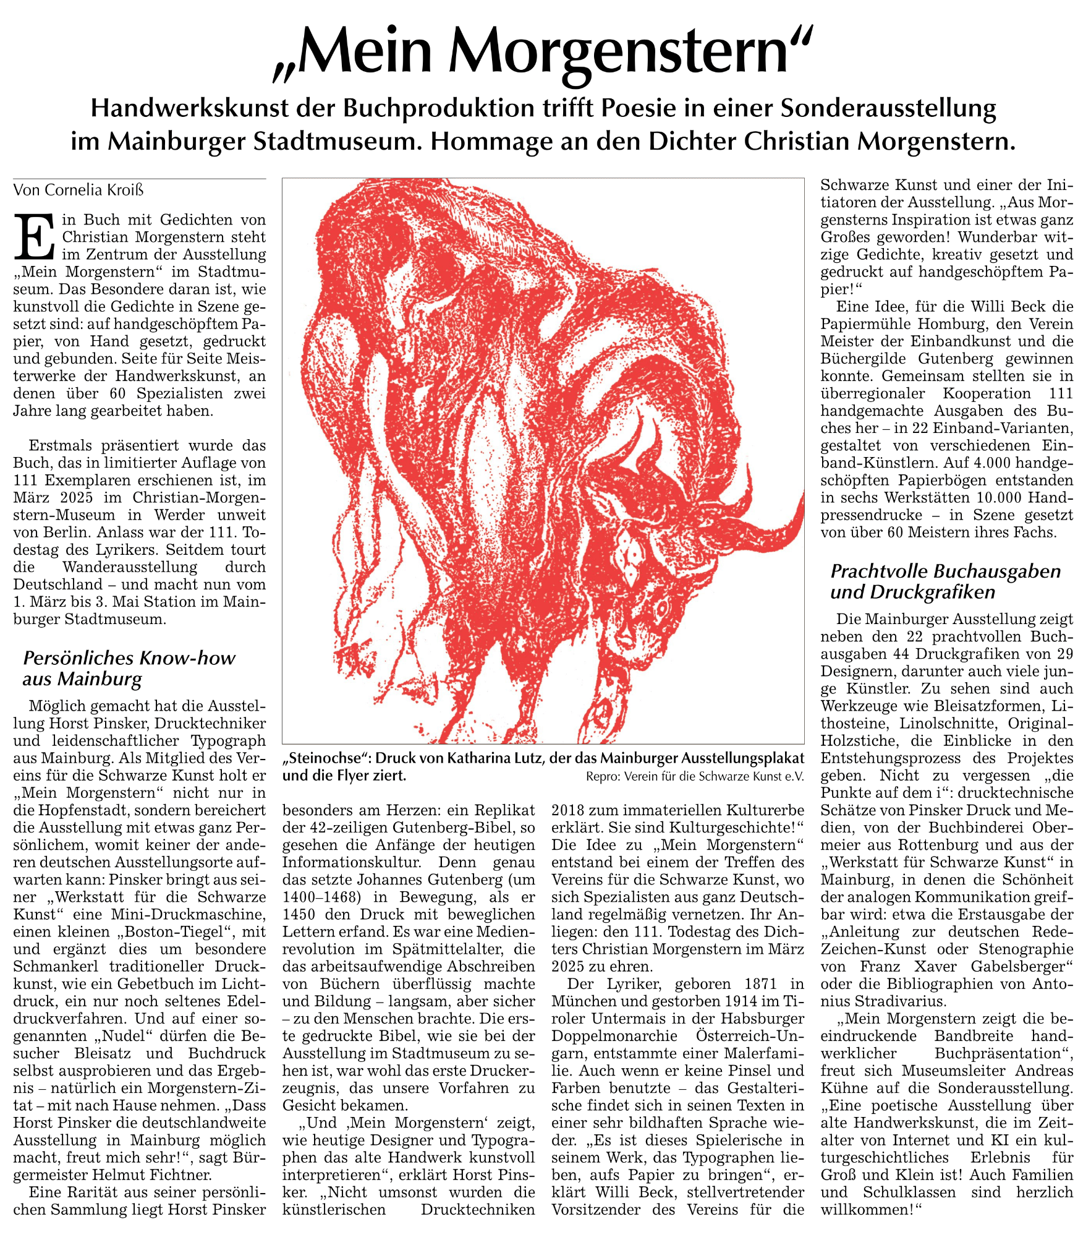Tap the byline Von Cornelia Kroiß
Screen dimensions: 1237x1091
(x=79, y=190)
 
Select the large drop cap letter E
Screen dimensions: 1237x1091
(x=35, y=237)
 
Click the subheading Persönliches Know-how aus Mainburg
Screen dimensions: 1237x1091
(x=129, y=668)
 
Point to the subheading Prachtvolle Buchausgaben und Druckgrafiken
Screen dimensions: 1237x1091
(x=945, y=581)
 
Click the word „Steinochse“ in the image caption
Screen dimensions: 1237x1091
(x=325, y=758)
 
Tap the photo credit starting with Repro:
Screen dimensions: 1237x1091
(x=695, y=776)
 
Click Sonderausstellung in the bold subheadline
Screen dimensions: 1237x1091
(x=888, y=108)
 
